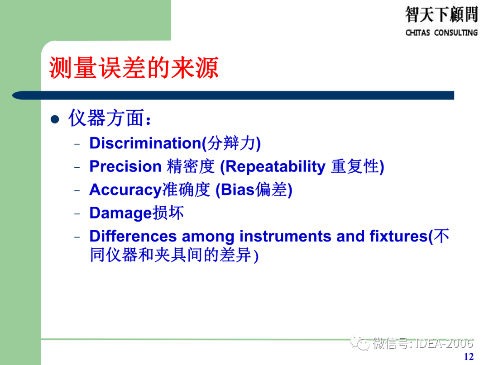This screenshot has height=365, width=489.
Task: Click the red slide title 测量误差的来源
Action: tap(134, 67)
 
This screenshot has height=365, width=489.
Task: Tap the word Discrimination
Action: tap(145, 143)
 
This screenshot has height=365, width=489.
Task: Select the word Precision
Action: tap(125, 166)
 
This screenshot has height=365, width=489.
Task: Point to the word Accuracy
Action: tap(126, 190)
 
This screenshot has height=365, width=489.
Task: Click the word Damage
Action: tap(120, 213)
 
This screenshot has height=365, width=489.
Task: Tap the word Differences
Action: tap(133, 236)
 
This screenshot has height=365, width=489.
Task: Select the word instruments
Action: tap(285, 236)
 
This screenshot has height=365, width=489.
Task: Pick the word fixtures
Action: tap(398, 236)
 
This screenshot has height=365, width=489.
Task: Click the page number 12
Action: tap(469, 356)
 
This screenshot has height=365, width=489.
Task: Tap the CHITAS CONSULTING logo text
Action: tap(441, 33)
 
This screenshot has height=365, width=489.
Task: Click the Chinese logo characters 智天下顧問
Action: tap(441, 14)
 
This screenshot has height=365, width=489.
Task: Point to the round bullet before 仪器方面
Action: tap(55, 119)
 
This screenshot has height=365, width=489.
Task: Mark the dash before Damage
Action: tap(77, 214)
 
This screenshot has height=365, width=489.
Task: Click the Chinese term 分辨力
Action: tap(231, 143)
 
